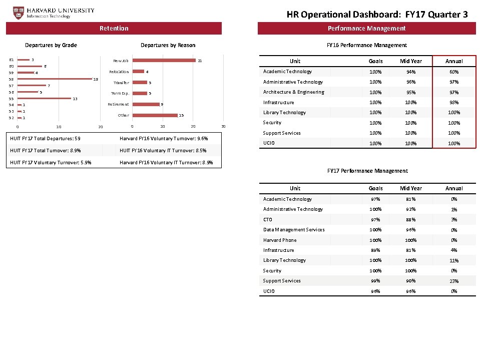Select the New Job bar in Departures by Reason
coord(164,61)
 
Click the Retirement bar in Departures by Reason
coord(145,104)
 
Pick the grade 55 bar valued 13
coord(45,99)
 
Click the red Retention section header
coord(114,29)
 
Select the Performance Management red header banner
coord(366,29)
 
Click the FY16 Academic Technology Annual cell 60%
coord(453,72)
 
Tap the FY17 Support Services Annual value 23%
coord(453,281)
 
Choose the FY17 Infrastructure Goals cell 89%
coord(375,250)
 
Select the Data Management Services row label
coord(294,230)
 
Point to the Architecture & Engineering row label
coord(293,92)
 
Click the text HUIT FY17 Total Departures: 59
coord(45,138)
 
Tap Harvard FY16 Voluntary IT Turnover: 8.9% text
coord(166,162)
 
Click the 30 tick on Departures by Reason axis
coord(224,126)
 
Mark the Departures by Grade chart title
coord(51,45)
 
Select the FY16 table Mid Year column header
coord(410,61)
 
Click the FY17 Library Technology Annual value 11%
coord(453,260)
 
